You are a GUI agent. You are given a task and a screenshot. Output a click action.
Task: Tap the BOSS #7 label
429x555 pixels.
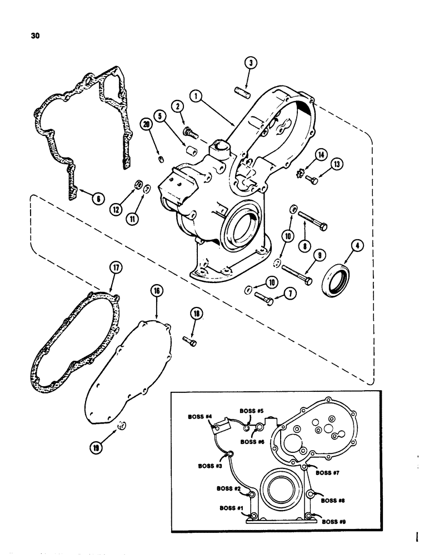click(x=328, y=473)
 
